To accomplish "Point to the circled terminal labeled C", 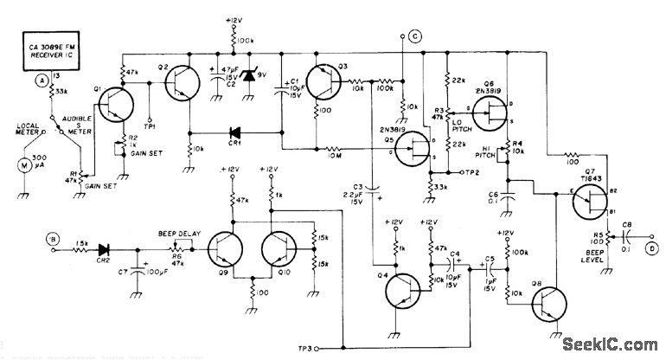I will [415, 35].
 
